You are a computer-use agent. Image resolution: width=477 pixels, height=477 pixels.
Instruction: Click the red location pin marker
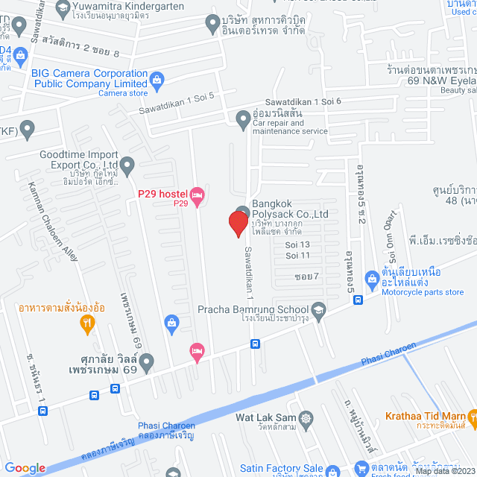pyautogui.click(x=238, y=223)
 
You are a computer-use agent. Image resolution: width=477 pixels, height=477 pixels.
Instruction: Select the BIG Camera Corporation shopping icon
pyautogui.click(x=157, y=79)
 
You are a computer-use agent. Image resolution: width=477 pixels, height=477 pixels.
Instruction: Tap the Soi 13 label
pyautogui.click(x=297, y=244)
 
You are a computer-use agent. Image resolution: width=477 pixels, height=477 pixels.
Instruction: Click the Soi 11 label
pyautogui.click(x=297, y=255)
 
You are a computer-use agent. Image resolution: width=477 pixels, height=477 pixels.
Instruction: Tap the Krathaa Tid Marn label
pyautogui.click(x=425, y=416)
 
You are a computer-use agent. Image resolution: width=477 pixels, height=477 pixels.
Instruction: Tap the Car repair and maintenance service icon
pyautogui.click(x=243, y=118)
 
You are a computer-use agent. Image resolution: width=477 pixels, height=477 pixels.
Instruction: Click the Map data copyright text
pyautogui.click(x=444, y=471)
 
